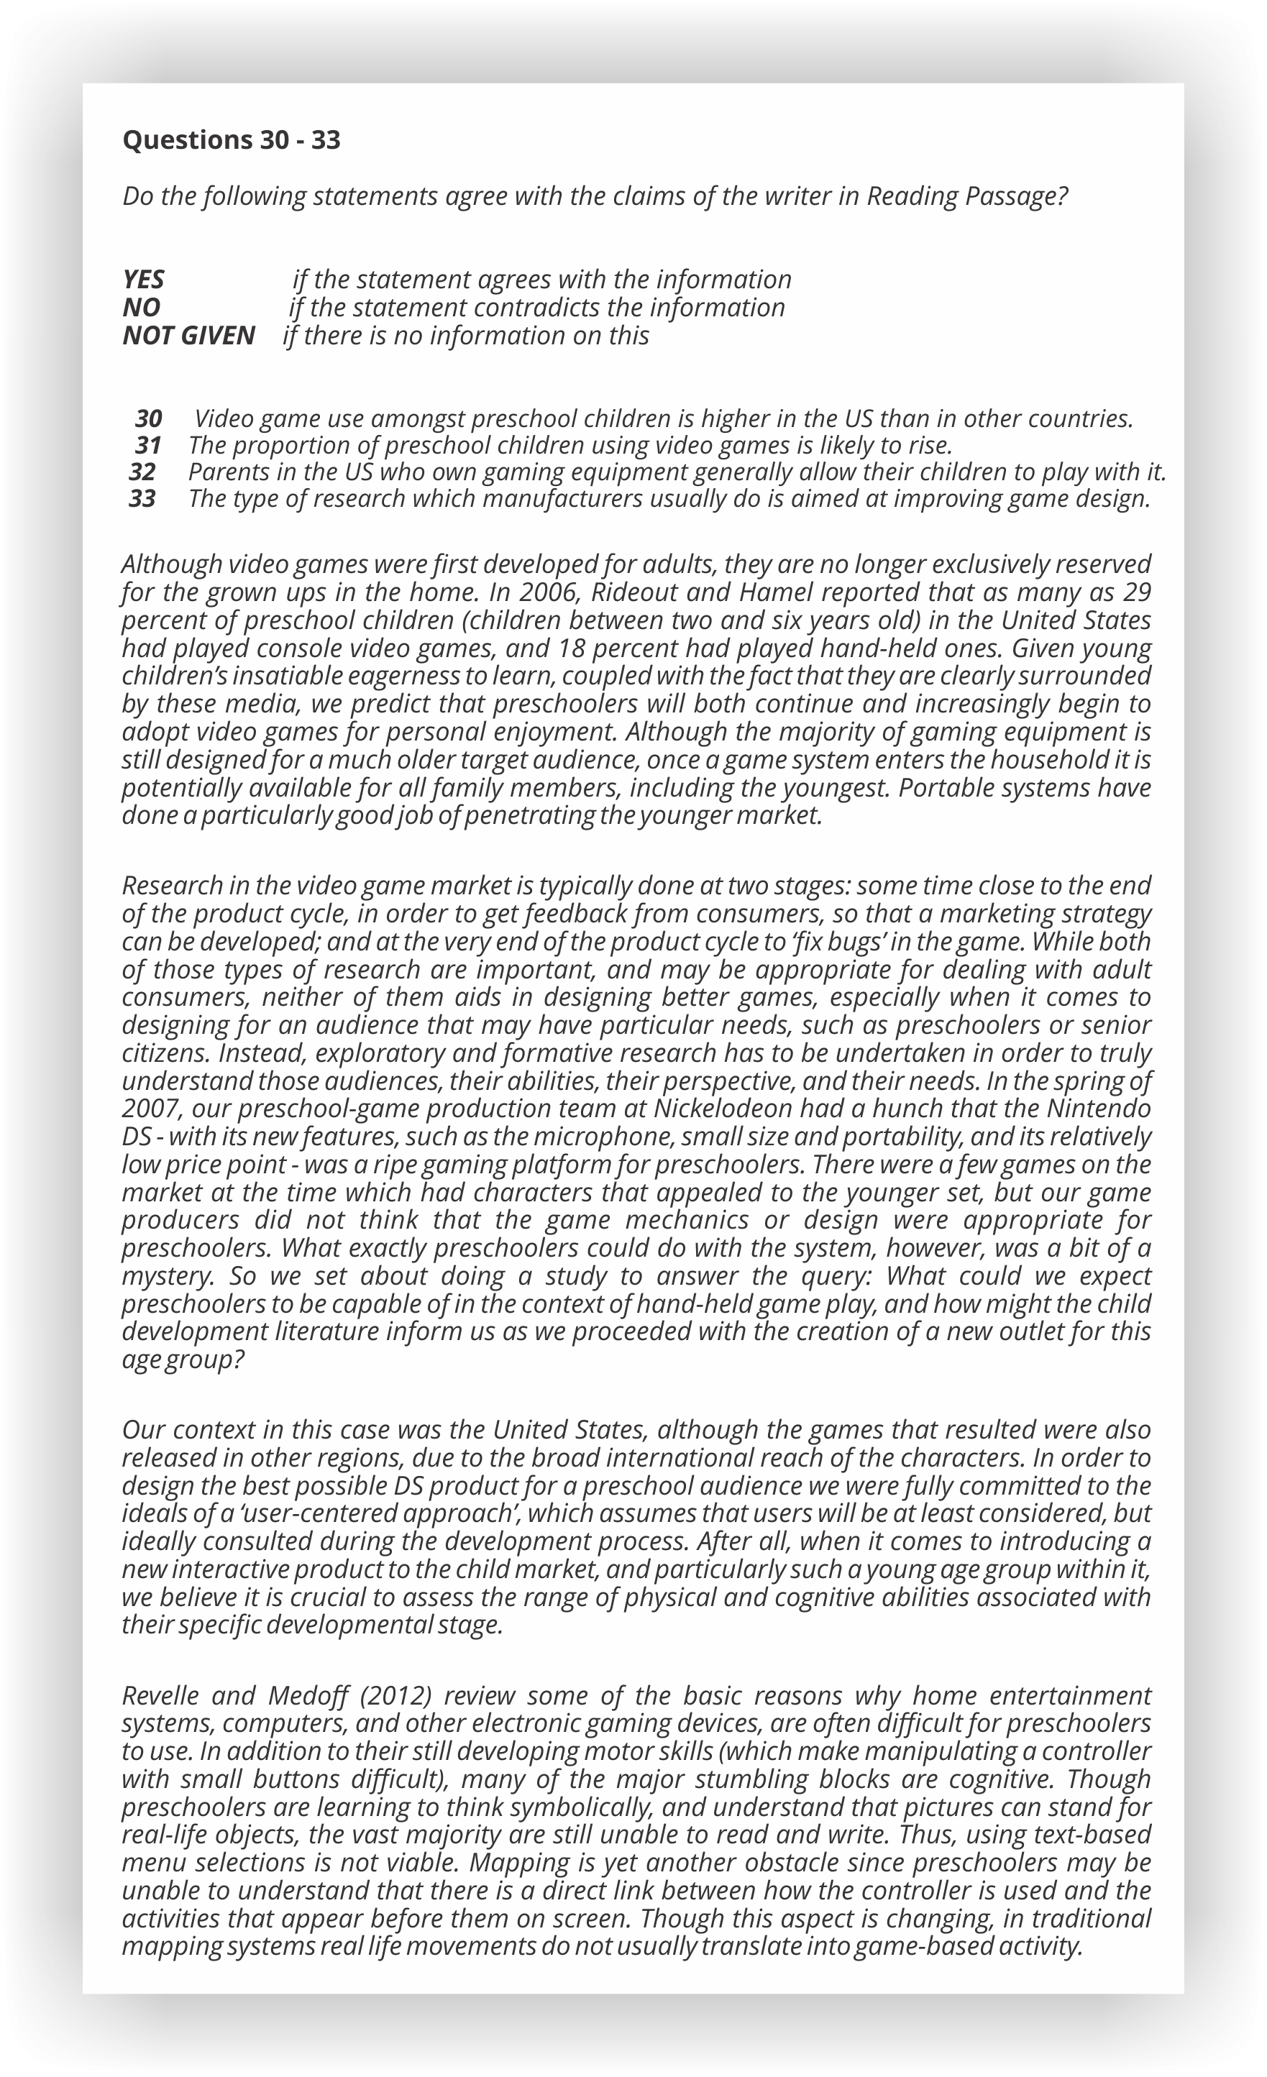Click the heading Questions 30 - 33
pos(231,140)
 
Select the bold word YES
pos(143,279)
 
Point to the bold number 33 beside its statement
pos(142,499)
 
